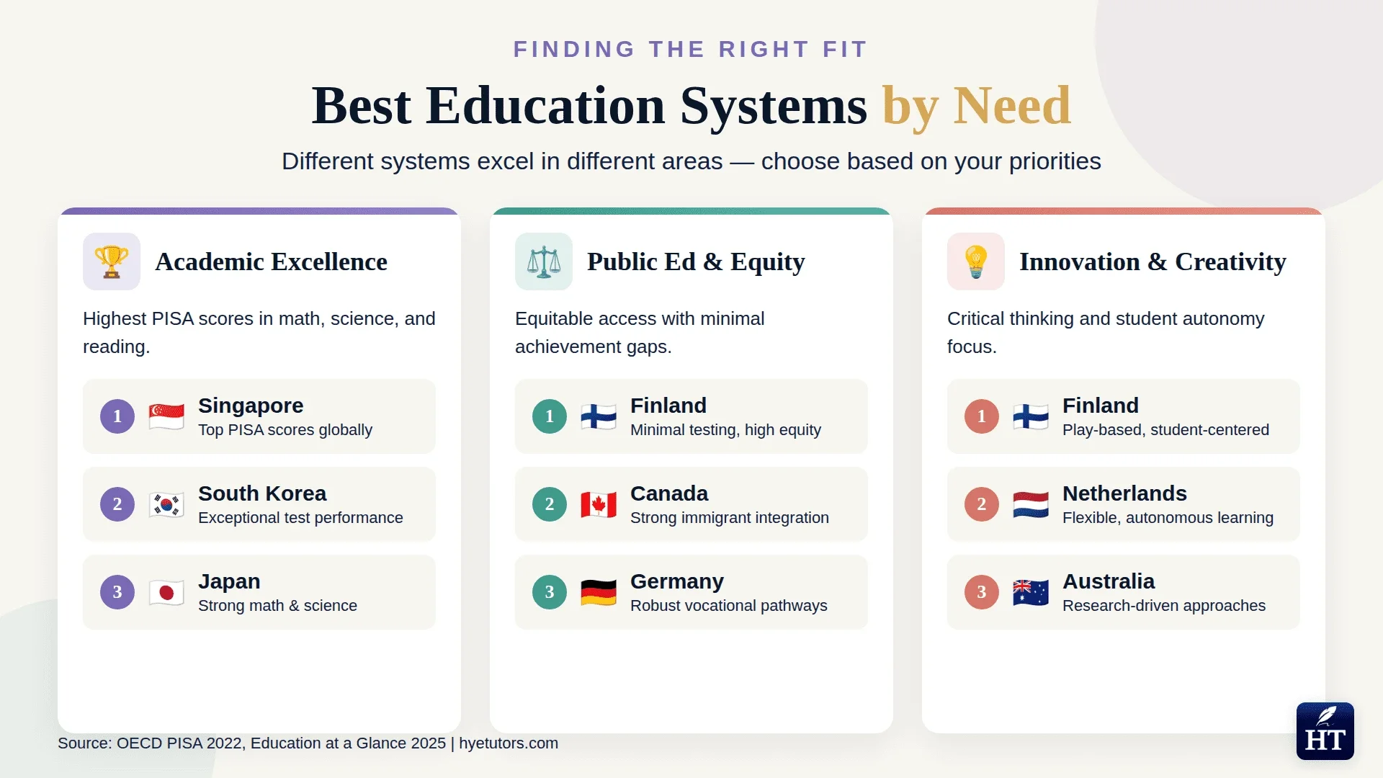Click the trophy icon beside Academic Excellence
point(111,261)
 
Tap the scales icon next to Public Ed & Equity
point(543,261)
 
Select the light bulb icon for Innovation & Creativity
point(975,261)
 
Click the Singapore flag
point(166,416)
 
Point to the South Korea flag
point(166,504)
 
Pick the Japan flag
point(166,592)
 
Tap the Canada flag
point(599,504)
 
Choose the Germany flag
point(599,592)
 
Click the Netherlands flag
point(1031,504)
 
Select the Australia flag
point(1031,592)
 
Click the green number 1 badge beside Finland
point(550,416)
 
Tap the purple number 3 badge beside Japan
point(117,592)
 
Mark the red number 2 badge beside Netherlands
point(982,504)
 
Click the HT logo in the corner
point(1325,731)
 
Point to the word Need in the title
point(1012,106)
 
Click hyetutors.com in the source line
point(509,743)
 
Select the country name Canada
point(669,493)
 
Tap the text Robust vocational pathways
point(728,606)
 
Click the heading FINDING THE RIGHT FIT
point(691,49)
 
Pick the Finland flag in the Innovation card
point(1031,416)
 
